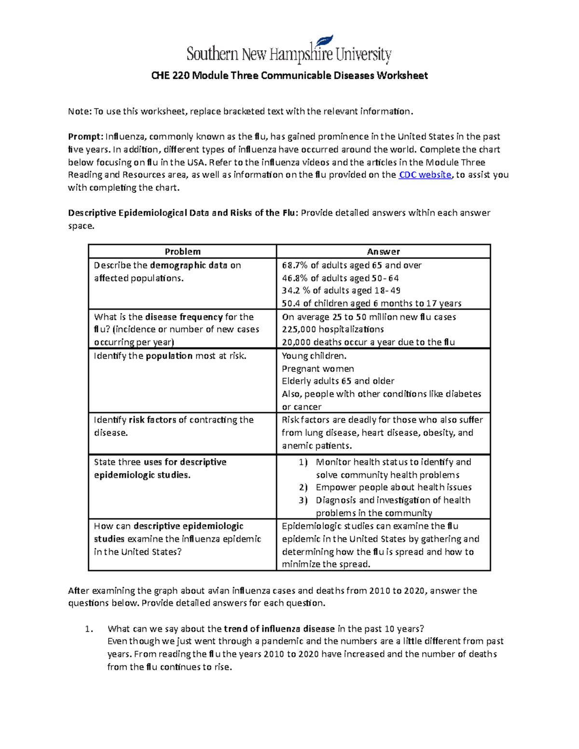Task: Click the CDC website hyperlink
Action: tap(425, 175)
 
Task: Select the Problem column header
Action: tap(182, 251)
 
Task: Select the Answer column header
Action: tap(383, 251)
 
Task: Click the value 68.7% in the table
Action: tap(295, 265)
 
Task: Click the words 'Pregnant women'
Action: tap(318, 368)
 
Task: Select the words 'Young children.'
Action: tap(314, 356)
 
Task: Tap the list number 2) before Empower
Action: tap(303, 488)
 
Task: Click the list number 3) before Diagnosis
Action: tap(303, 500)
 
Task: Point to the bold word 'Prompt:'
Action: tap(85, 136)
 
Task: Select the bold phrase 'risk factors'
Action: tap(152, 420)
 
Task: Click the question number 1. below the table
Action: tap(88, 629)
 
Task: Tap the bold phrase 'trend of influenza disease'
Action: tap(279, 629)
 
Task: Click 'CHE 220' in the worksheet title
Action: tap(170, 76)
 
